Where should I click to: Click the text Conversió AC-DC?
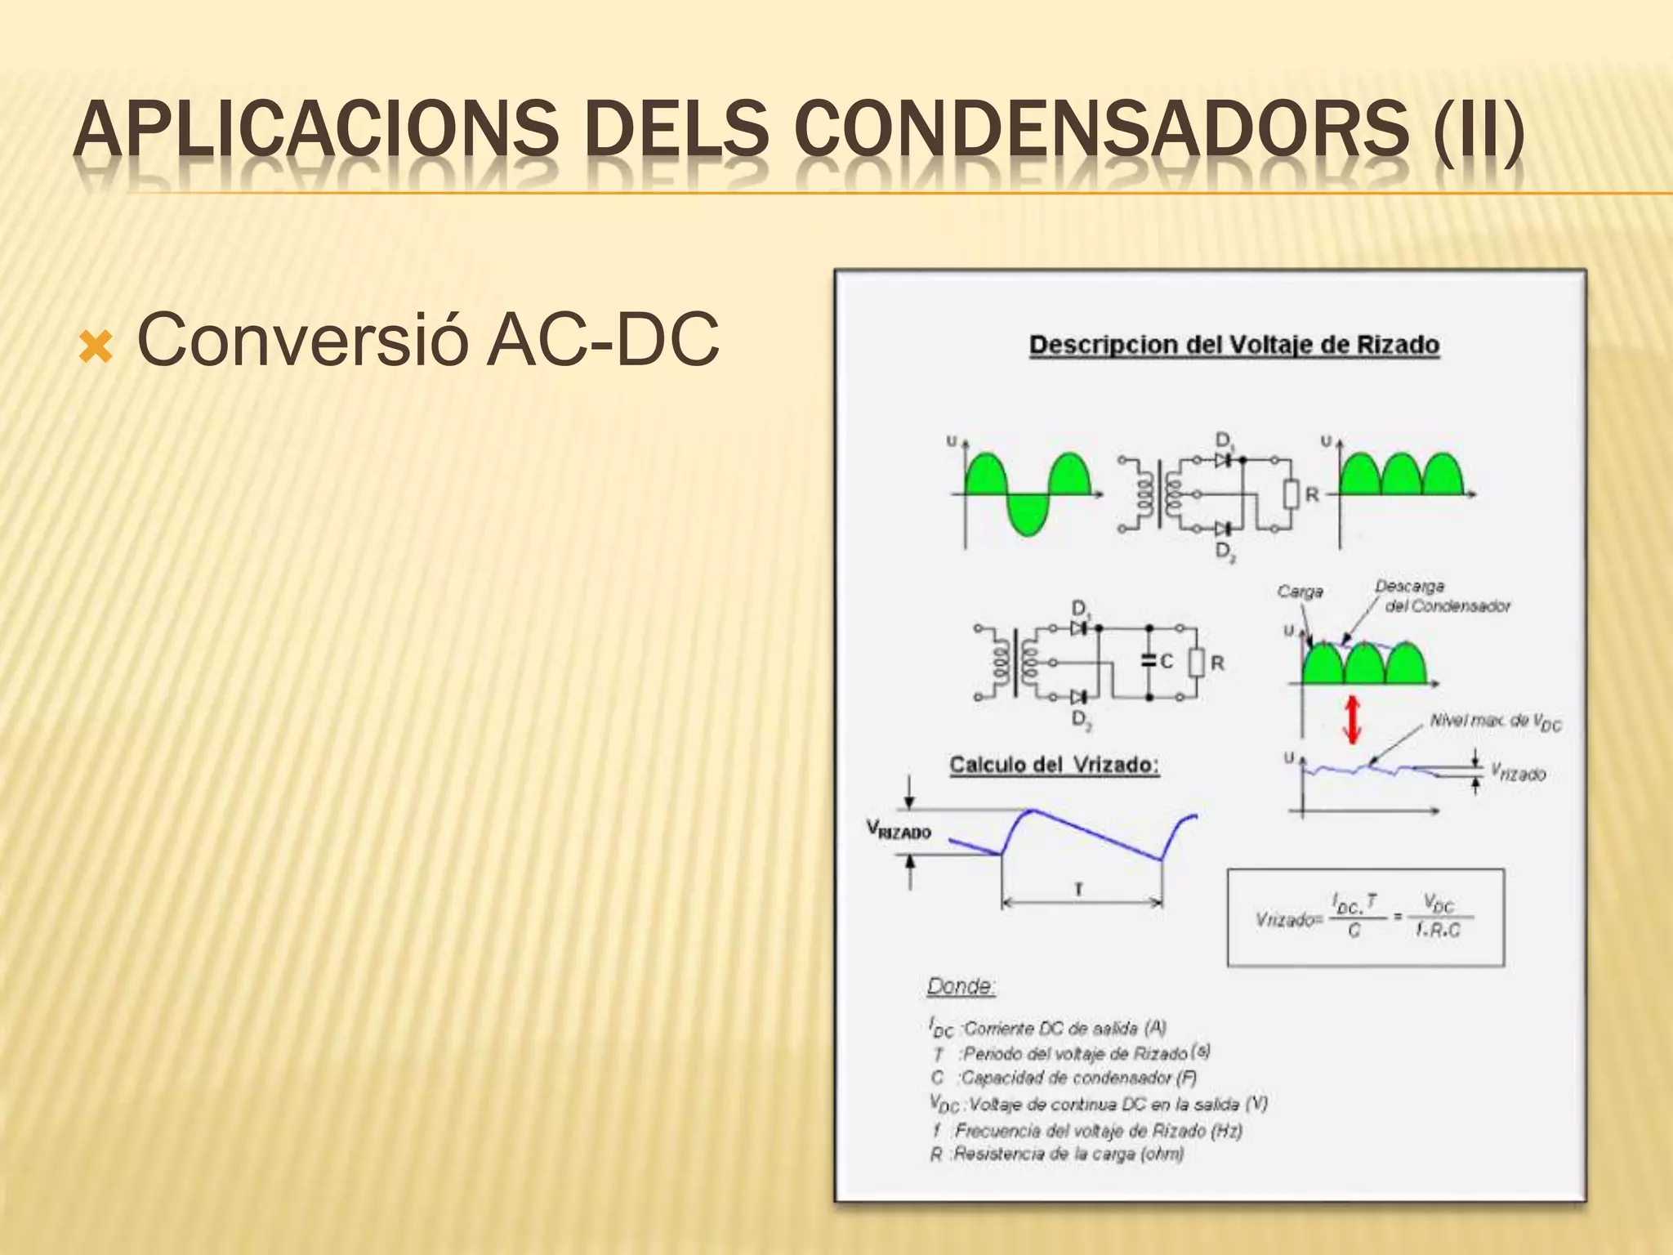pos(428,340)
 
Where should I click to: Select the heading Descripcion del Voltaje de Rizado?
pos(1234,345)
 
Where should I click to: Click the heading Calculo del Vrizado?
pos(1054,765)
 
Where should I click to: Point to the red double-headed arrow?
pos(1353,719)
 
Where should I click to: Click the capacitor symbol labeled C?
pos(1149,661)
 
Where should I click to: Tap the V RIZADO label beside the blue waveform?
pos(899,831)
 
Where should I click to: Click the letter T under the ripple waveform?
pos(1079,889)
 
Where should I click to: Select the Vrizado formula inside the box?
pos(1365,918)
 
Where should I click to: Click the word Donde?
pos(961,986)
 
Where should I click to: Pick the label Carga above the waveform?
pos(1300,591)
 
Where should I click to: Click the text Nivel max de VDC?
pos(1495,721)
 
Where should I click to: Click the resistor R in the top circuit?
pos(1291,494)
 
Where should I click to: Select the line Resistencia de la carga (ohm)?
pos(1058,1154)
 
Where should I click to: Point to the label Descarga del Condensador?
pos(1443,596)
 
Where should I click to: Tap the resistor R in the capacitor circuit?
pos(1197,663)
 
